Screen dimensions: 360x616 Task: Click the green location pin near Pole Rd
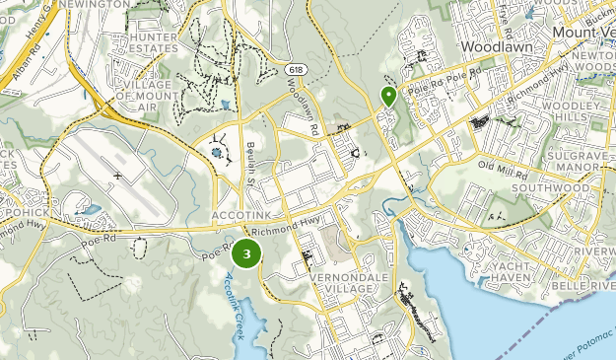388,97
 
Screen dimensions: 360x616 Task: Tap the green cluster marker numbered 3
245,253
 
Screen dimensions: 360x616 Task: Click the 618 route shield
296,70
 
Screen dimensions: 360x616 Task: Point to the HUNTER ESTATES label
145,42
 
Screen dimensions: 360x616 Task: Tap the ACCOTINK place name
240,214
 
